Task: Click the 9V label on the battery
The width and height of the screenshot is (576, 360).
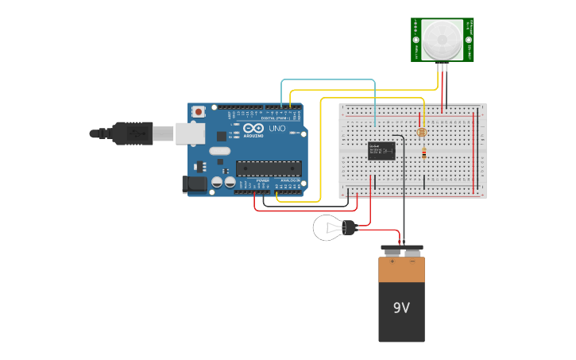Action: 401,307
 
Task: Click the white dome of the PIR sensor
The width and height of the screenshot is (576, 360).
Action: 442,40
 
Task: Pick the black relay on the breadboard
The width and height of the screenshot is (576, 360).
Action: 381,150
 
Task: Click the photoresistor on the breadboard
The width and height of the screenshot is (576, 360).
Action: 422,132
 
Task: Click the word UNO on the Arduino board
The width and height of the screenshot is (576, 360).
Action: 277,128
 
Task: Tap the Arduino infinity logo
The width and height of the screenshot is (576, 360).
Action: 253,128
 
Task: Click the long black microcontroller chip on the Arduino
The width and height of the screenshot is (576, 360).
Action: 269,168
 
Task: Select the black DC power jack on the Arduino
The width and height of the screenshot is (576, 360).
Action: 194,184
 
